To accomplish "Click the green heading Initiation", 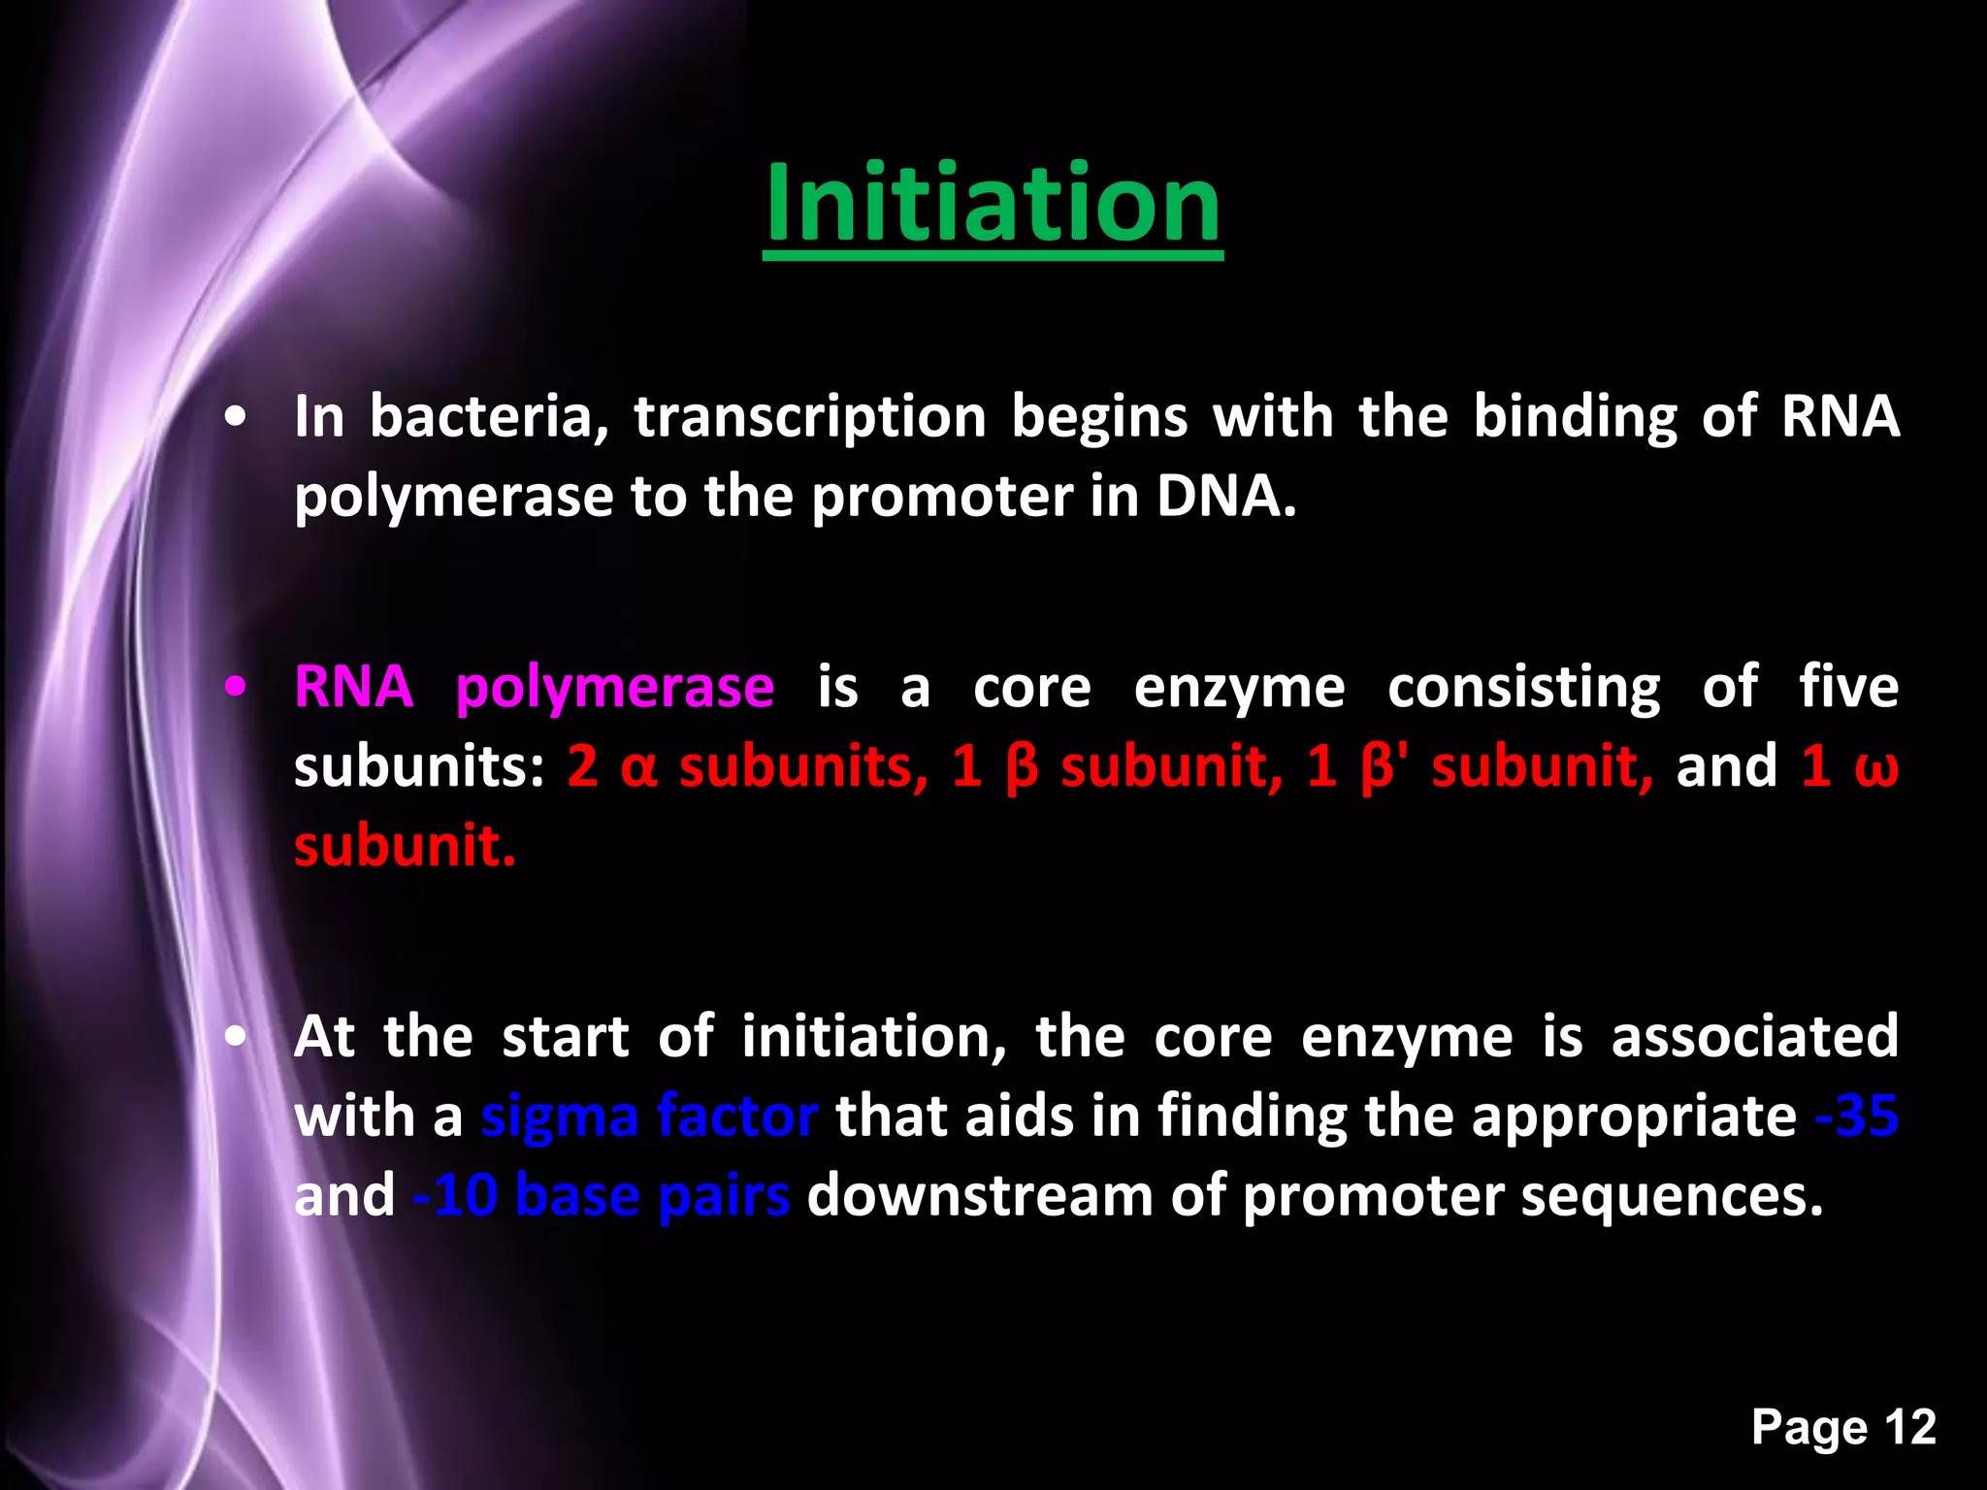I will click(x=992, y=204).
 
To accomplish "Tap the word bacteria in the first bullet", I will click(x=488, y=417).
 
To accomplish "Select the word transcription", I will click(x=809, y=419).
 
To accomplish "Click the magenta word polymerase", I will click(x=614, y=689).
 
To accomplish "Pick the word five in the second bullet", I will click(x=1847, y=687).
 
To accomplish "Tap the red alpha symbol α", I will click(x=638, y=768).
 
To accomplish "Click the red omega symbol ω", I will click(x=1875, y=768).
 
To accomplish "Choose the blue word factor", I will click(x=737, y=1116).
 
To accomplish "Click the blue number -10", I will click(x=454, y=1195).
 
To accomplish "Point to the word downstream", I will click(x=979, y=1195).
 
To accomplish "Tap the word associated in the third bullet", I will click(x=1754, y=1036).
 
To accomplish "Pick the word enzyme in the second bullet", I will click(x=1239, y=689).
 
